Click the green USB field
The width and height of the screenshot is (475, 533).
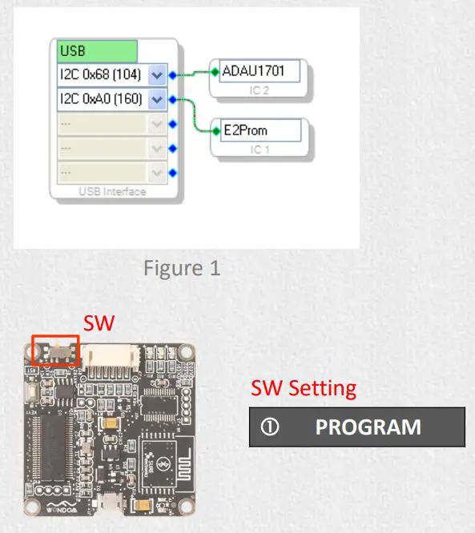click(97, 51)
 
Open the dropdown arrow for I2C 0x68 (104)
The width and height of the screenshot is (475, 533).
click(157, 76)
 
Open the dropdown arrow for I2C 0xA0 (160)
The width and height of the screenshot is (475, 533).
click(157, 100)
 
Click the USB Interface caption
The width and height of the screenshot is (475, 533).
click(112, 191)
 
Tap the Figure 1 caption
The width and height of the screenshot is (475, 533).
click(182, 268)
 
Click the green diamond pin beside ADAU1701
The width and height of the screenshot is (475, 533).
click(215, 71)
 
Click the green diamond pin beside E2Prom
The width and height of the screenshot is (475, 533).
click(215, 130)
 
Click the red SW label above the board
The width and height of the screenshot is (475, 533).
click(99, 323)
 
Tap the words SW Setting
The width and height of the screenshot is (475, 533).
click(304, 388)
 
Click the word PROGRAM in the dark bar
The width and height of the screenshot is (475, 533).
click(368, 427)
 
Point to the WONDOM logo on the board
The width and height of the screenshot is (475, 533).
click(61, 507)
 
